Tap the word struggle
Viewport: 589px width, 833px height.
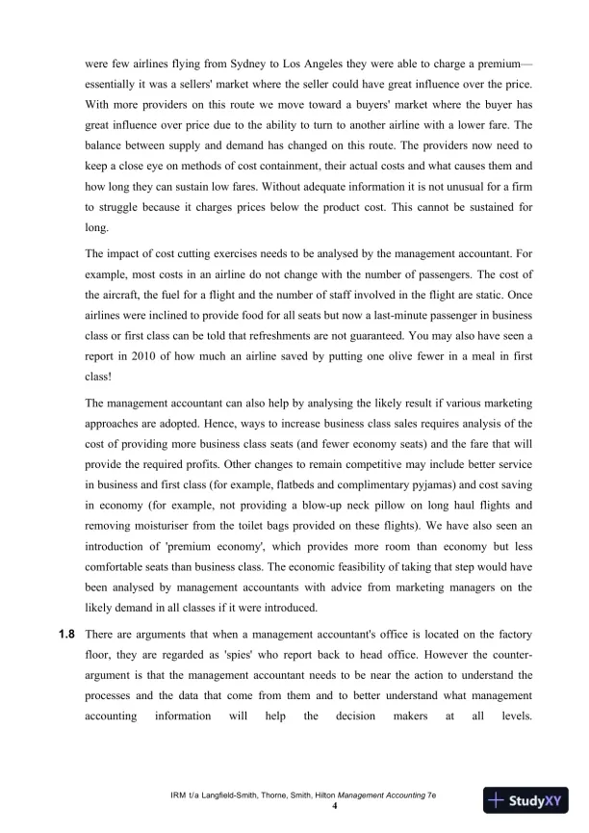pyautogui.click(x=119, y=211)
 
